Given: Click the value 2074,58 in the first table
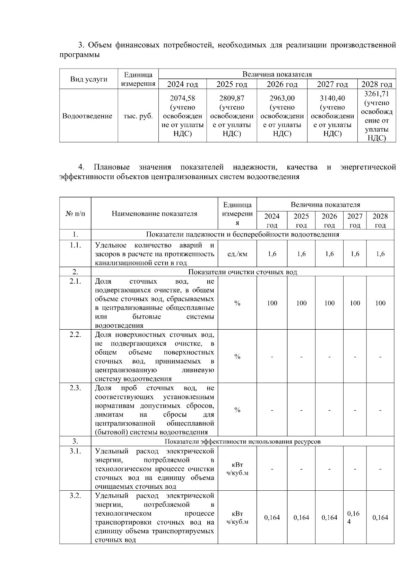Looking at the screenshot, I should (182, 98).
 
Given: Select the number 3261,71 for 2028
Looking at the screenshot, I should (376, 94).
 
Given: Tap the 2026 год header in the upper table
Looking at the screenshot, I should (282, 84).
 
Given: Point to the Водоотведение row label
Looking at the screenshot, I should (87, 116).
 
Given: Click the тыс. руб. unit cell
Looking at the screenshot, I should (138, 116).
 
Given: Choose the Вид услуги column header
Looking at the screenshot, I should (89, 79).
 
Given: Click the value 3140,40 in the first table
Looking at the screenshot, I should (332, 98).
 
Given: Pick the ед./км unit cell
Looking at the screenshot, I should (237, 254).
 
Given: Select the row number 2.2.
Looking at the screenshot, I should (75, 335).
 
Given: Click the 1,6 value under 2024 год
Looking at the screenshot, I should (272, 254).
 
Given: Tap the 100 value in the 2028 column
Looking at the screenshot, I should (380, 303).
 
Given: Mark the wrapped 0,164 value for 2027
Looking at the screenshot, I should (353, 517).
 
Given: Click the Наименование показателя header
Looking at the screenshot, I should (154, 214).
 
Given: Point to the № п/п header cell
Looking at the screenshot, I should (75, 214).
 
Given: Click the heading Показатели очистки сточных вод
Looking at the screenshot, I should (242, 272).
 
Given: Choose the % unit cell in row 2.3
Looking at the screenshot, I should (237, 410).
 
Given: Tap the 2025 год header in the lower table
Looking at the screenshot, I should (301, 220).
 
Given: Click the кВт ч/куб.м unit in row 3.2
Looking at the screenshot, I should (237, 517).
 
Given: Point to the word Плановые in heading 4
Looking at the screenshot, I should (112, 167).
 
